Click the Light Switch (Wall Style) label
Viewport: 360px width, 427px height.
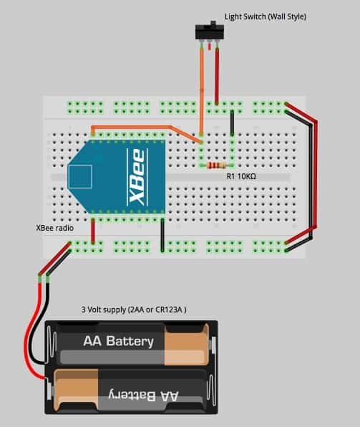pos(266,16)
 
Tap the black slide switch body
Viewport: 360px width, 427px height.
pos(210,32)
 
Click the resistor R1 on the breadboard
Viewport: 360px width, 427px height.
pos(216,165)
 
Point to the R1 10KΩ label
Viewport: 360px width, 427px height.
pos(241,176)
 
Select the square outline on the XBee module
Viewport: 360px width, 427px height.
pos(80,176)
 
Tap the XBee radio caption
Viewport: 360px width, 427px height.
pos(54,228)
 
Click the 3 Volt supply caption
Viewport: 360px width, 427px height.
pos(134,310)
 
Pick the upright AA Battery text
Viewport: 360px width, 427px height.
pos(118,342)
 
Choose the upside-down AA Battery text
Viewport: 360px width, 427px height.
pos(143,395)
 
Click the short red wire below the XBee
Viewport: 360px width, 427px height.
pos(93,231)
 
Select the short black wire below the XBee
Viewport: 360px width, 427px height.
pos(162,235)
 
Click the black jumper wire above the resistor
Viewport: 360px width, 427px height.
pos(232,123)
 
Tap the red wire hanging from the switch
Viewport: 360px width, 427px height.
pos(217,76)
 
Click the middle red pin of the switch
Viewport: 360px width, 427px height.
pos(210,47)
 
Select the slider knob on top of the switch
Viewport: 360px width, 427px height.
pos(213,23)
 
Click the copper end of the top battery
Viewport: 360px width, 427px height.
pos(187,345)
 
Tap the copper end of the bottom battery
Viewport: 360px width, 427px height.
pos(77,390)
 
